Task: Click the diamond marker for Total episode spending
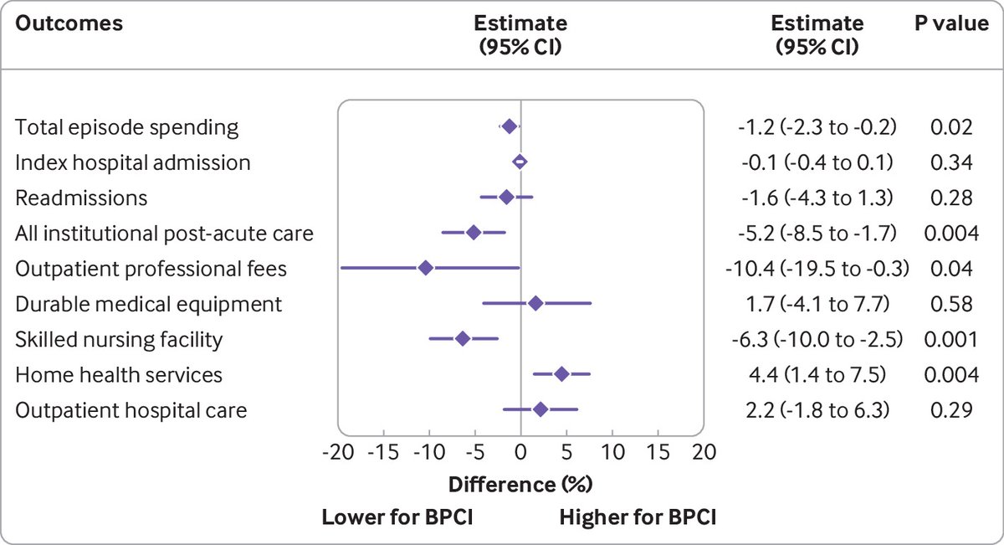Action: pos(510,126)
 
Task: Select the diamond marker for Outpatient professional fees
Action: pos(426,268)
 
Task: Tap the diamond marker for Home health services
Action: pos(561,374)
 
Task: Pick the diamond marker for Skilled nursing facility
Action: pos(463,338)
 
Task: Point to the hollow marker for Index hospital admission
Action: pos(520,162)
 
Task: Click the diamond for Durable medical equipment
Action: pos(536,303)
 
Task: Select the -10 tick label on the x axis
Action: pos(427,453)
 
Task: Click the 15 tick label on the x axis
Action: pos(658,453)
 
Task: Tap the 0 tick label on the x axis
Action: pos(520,453)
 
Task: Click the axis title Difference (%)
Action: pos(520,484)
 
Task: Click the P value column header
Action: pos(950,23)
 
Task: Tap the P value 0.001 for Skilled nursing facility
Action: pos(950,339)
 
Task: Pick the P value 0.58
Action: pos(950,304)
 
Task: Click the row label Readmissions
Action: pos(81,198)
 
